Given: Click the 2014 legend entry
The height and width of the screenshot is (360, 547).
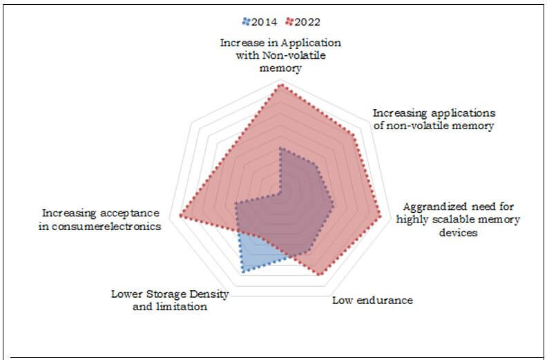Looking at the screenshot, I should [x=257, y=22].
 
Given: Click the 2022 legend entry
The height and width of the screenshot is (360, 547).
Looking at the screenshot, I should [x=302, y=22].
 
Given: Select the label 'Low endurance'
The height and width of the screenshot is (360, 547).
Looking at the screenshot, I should [x=372, y=300].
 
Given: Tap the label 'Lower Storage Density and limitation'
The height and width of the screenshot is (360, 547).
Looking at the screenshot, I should [x=170, y=301].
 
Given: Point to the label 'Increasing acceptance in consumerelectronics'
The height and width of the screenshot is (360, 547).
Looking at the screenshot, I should [x=100, y=220].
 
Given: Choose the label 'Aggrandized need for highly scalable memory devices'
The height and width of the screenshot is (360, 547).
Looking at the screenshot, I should [x=459, y=220].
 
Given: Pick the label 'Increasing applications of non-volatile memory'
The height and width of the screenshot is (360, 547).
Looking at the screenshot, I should [x=434, y=119].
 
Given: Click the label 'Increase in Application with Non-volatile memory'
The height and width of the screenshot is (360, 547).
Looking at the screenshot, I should [x=280, y=56].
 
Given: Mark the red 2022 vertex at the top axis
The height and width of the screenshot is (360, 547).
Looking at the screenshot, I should [x=280, y=85].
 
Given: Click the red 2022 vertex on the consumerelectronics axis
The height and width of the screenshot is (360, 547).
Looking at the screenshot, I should [x=181, y=216].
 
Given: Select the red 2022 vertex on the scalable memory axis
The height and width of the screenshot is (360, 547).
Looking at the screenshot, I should [x=380, y=217].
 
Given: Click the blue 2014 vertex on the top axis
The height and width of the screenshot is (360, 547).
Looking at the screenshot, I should [x=280, y=147].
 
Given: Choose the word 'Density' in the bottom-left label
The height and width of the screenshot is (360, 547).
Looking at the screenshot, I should [x=211, y=294].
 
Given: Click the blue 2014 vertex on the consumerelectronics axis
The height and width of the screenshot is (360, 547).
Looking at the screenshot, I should [x=236, y=204].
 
